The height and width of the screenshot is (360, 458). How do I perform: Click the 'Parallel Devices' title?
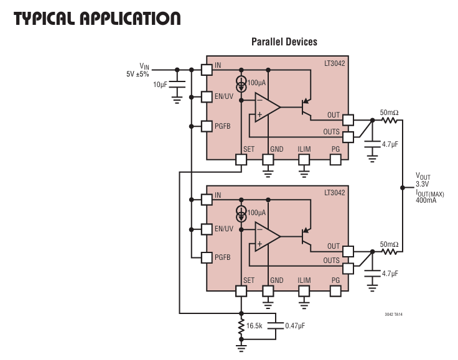[x=284, y=42]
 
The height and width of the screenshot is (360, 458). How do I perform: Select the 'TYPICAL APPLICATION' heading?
[x=97, y=18]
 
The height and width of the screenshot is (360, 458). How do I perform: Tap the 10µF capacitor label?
[x=160, y=84]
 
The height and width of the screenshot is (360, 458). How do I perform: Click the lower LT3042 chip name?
[x=334, y=193]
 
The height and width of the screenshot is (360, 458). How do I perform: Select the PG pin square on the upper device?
[x=336, y=159]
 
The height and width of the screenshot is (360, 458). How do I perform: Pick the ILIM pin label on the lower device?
[x=304, y=280]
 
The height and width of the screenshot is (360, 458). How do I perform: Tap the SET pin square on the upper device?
[x=241, y=159]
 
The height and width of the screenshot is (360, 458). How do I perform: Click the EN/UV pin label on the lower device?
[x=224, y=229]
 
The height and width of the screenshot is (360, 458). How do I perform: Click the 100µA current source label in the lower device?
[x=256, y=212]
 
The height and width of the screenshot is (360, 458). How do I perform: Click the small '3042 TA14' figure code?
[x=395, y=315]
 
